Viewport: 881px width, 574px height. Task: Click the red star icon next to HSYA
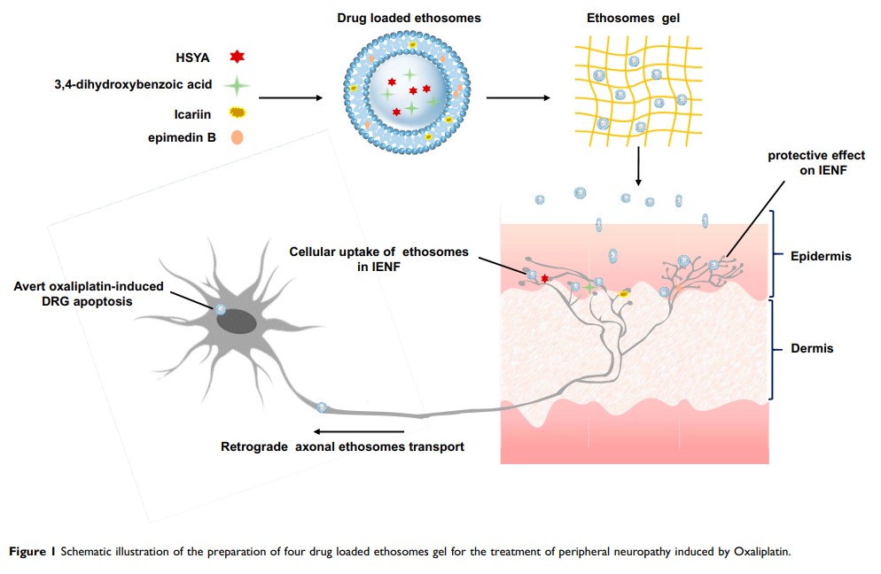pyautogui.click(x=236, y=58)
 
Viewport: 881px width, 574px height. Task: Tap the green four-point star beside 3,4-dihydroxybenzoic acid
pyautogui.click(x=236, y=85)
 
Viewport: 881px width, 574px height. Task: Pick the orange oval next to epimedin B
pyautogui.click(x=237, y=137)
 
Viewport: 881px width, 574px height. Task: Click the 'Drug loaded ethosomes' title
pyautogui.click(x=409, y=19)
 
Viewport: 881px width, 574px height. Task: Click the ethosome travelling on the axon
pyautogui.click(x=322, y=407)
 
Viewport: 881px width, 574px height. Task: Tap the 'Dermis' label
pyautogui.click(x=812, y=349)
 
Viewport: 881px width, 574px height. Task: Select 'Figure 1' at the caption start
pyautogui.click(x=32, y=551)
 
